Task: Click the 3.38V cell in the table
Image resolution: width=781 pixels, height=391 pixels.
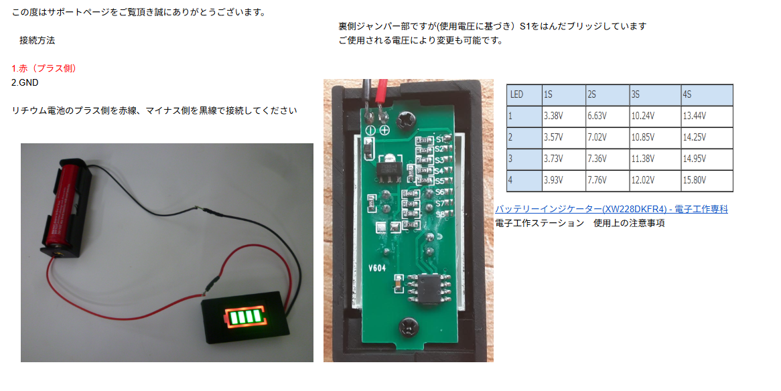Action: click(x=564, y=116)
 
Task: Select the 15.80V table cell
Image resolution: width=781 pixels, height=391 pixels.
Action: click(x=707, y=180)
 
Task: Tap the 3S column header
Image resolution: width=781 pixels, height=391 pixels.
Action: click(x=656, y=94)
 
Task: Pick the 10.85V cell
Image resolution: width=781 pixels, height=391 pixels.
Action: click(x=656, y=137)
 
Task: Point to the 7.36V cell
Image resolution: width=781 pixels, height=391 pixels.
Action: click(x=608, y=159)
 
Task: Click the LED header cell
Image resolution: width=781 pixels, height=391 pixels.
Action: click(x=524, y=94)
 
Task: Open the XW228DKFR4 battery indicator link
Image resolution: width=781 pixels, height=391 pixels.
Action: click(x=612, y=209)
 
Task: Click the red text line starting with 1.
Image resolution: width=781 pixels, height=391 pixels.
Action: click(x=44, y=68)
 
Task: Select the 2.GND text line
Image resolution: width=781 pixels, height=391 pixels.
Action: click(x=25, y=82)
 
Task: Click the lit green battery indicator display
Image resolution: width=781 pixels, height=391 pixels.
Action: click(x=244, y=316)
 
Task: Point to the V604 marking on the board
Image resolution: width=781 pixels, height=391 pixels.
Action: click(x=377, y=268)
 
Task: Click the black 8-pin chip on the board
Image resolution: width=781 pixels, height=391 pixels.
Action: click(x=429, y=289)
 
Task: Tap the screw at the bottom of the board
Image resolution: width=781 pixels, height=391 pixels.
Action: click(x=409, y=327)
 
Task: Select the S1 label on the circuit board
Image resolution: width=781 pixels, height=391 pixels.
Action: click(x=440, y=139)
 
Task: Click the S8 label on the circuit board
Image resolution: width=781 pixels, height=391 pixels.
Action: click(x=440, y=215)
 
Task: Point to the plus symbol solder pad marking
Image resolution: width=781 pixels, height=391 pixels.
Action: click(x=384, y=130)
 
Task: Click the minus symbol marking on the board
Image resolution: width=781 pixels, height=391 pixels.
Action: click(x=370, y=130)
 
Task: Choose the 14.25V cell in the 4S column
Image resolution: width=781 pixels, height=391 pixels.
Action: click(x=707, y=137)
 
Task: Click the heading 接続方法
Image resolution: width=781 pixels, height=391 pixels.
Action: click(x=37, y=40)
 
